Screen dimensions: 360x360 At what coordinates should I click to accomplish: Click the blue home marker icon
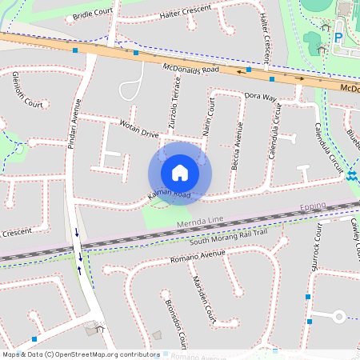(180, 173)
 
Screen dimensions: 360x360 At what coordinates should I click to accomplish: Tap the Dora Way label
(259, 98)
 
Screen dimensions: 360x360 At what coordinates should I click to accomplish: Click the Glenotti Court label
(27, 89)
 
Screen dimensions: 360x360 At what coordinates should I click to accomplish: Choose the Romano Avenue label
(197, 258)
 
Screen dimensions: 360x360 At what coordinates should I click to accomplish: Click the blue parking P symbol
(338, 37)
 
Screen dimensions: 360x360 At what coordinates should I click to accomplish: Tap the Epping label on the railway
(313, 206)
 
